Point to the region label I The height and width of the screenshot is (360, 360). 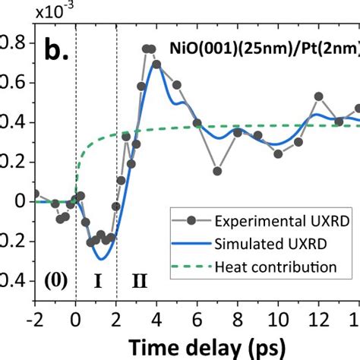pyautogui.click(x=96, y=281)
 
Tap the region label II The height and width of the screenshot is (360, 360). pyautogui.click(x=140, y=281)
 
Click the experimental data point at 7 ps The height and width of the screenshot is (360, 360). pyautogui.click(x=217, y=171)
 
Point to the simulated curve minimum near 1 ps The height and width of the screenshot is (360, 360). pyautogui.click(x=99, y=259)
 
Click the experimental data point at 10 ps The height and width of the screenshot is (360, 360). pyautogui.click(x=278, y=153)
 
